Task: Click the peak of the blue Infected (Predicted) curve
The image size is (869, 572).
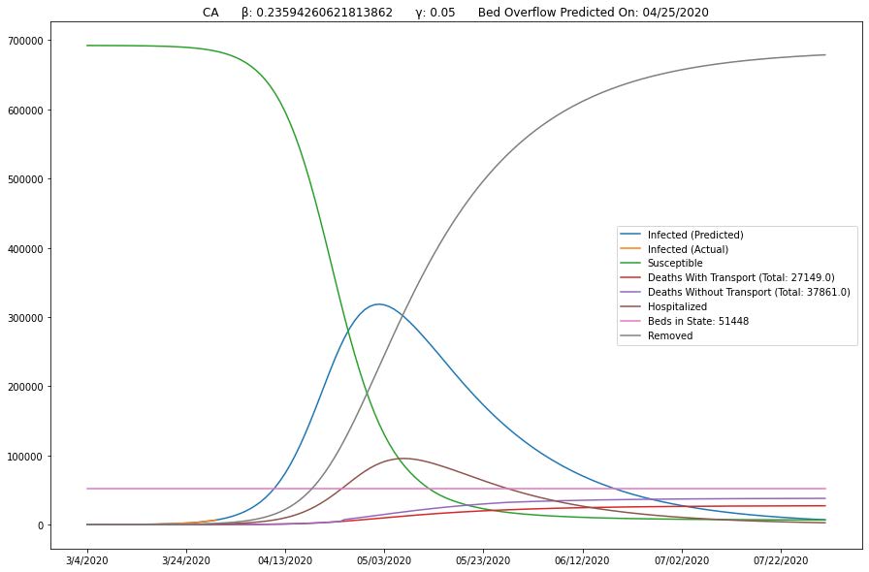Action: pyautogui.click(x=377, y=304)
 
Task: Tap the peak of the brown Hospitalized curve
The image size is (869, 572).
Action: pyautogui.click(x=402, y=459)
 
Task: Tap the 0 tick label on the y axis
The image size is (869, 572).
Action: pyautogui.click(x=71, y=525)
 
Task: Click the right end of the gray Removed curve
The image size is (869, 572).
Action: pyautogui.click(x=825, y=55)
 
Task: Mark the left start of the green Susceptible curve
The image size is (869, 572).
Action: pyautogui.click(x=87, y=46)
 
